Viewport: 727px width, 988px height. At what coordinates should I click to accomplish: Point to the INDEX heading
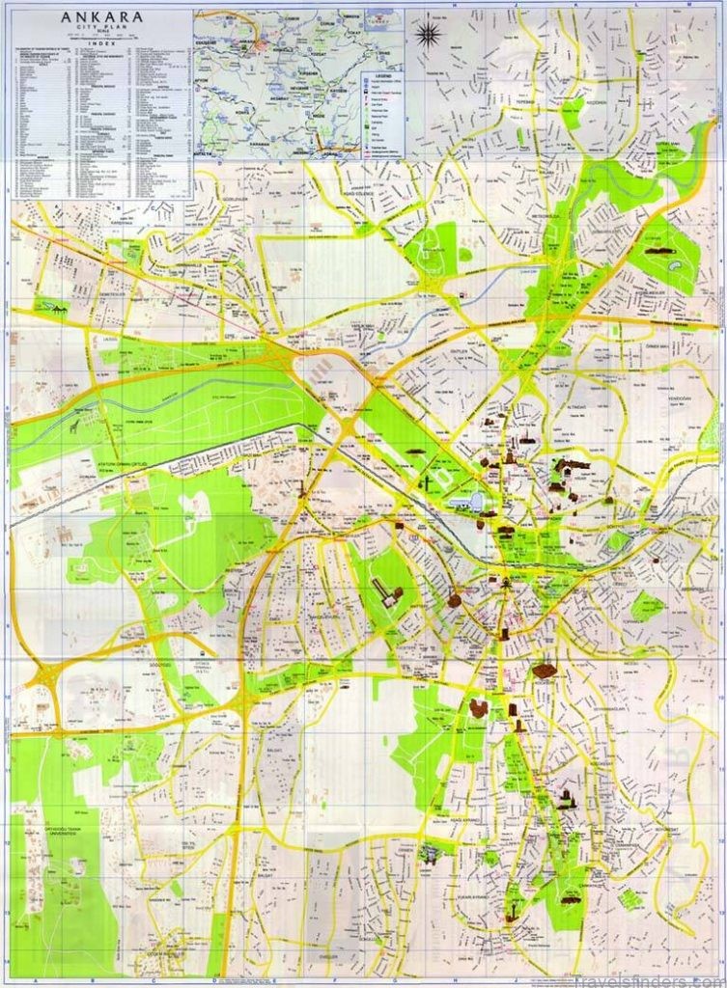102,44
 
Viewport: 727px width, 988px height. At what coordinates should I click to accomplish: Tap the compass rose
430,35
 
